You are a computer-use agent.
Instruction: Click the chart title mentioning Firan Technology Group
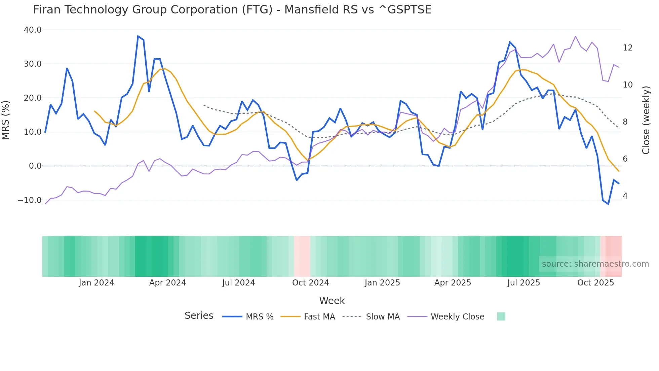pyautogui.click(x=232, y=10)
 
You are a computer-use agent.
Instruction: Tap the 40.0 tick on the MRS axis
pyautogui.click(x=33, y=30)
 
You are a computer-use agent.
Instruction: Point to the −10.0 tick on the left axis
pyautogui.click(x=30, y=200)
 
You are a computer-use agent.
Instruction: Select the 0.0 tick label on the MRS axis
pyautogui.click(x=35, y=166)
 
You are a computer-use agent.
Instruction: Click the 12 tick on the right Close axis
pyautogui.click(x=627, y=48)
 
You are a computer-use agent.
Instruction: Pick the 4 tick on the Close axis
pyautogui.click(x=625, y=196)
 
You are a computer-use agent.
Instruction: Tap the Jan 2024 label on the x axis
pyautogui.click(x=96, y=283)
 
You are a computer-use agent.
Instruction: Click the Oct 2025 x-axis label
pyautogui.click(x=595, y=283)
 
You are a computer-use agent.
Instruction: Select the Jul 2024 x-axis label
pyautogui.click(x=238, y=283)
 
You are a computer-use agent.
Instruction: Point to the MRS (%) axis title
pyautogui.click(x=6, y=120)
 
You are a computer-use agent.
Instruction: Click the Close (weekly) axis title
pyautogui.click(x=646, y=120)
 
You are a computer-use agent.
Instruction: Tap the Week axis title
pyautogui.click(x=332, y=301)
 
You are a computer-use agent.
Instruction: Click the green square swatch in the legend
pyautogui.click(x=501, y=316)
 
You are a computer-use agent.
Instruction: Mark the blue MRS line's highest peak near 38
pyautogui.click(x=138, y=36)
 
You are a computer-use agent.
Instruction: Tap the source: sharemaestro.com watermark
pyautogui.click(x=595, y=264)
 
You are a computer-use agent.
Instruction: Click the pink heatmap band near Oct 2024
pyautogui.click(x=302, y=256)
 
